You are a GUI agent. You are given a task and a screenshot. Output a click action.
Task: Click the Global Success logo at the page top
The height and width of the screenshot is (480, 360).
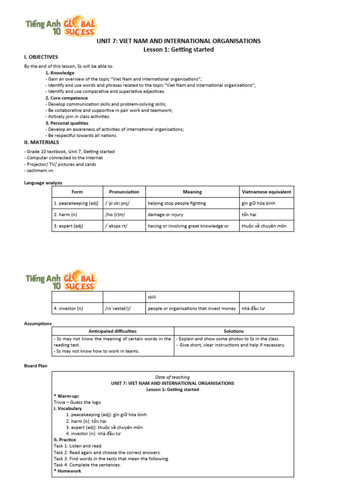tap(60, 28)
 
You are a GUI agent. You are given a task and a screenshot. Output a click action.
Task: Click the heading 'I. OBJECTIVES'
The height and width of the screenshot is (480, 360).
tap(41, 57)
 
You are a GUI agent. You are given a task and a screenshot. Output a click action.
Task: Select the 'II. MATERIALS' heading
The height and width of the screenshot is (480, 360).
tap(41, 142)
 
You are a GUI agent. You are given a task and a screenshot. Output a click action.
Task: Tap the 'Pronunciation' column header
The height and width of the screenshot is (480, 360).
tap(124, 192)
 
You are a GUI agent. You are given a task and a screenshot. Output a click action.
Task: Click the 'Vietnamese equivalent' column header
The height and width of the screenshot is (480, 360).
tap(266, 192)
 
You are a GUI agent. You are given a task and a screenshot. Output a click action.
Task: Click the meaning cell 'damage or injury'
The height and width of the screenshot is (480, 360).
tap(165, 215)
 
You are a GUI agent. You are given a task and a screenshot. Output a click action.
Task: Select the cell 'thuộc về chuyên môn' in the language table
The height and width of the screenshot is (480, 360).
tap(264, 226)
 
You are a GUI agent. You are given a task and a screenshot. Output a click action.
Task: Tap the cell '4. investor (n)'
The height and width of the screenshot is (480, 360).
tap(68, 308)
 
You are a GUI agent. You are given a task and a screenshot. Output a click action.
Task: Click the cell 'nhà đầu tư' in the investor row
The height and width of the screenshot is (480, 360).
tap(255, 308)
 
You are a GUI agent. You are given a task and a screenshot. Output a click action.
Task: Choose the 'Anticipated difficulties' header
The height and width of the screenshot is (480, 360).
tap(112, 331)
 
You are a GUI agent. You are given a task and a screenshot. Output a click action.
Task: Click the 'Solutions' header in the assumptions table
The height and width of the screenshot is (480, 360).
tap(233, 331)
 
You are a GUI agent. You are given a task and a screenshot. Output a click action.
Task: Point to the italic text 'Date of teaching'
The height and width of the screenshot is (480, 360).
tap(172, 377)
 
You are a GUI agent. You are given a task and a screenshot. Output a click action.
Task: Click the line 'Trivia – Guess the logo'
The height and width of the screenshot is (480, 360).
tap(77, 402)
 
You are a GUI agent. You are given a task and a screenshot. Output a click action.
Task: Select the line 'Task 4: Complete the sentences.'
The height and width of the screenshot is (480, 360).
tap(87, 465)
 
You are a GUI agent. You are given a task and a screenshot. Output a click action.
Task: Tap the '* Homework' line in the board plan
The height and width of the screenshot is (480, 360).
tap(68, 471)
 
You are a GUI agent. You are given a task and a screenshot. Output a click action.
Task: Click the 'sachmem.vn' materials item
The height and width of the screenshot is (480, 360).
tap(37, 171)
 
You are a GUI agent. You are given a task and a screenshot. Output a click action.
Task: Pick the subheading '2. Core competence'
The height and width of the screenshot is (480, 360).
tap(66, 98)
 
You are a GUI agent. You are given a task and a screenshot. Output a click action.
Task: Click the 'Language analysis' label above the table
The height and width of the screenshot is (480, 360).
tap(43, 183)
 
